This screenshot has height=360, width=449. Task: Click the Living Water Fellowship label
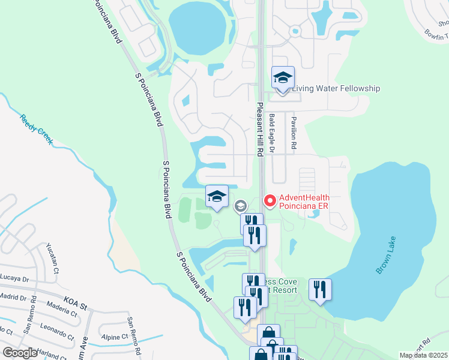point(336,89)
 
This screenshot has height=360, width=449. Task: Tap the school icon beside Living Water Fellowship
point(283,78)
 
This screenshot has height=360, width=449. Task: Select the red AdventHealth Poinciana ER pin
point(270,200)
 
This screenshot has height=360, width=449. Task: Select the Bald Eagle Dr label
point(271,133)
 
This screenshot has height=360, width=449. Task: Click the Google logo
point(19,353)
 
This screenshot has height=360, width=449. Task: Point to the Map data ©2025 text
point(423,355)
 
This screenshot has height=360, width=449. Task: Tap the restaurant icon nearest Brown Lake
point(321,290)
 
